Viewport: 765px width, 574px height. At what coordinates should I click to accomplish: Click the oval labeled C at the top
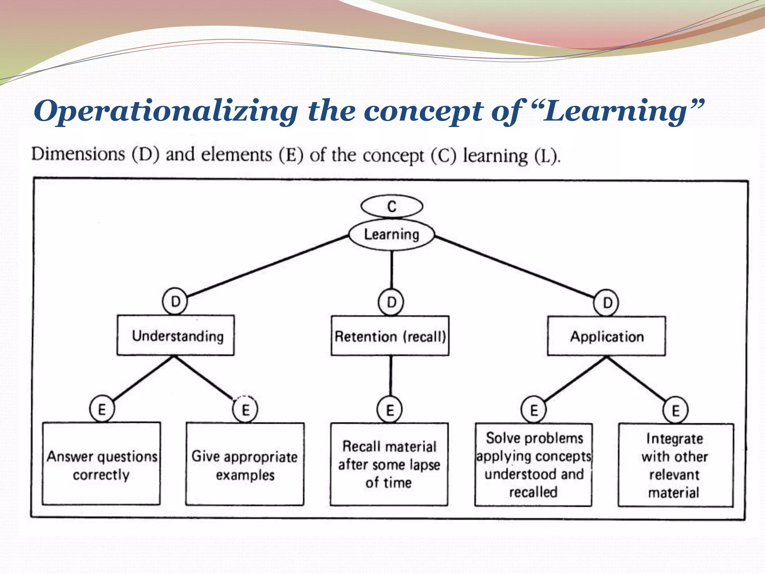click(x=391, y=206)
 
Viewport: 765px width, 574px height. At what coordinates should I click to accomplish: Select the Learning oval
click(x=391, y=235)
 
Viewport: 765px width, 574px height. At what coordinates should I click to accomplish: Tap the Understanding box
click(x=176, y=336)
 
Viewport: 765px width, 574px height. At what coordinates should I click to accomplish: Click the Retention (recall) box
click(x=390, y=336)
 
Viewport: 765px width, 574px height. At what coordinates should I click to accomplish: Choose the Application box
click(x=606, y=336)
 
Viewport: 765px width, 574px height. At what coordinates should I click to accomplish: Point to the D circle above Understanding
click(x=175, y=301)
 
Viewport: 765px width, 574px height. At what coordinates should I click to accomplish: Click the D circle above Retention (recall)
click(x=391, y=302)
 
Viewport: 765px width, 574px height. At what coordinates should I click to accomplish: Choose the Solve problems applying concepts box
click(x=533, y=465)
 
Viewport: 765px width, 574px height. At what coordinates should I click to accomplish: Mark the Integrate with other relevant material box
click(x=675, y=465)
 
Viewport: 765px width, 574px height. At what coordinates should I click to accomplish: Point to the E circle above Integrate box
click(x=675, y=410)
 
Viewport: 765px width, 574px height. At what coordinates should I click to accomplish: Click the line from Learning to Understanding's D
click(x=267, y=266)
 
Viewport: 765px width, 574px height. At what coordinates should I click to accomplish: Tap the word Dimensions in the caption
click(x=78, y=154)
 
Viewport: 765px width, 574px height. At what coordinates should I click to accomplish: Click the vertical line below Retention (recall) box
click(x=391, y=376)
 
